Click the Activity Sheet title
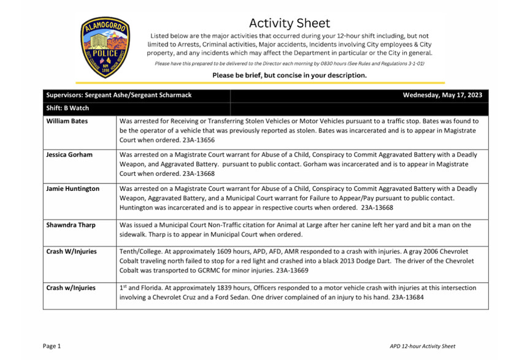pyautogui.click(x=289, y=23)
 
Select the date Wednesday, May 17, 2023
pyautogui.click(x=442, y=95)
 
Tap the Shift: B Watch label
pyautogui.click(x=67, y=108)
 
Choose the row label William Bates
pyautogui.click(x=67, y=121)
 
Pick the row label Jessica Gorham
pyautogui.click(x=69, y=155)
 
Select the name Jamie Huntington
pyautogui.click(x=72, y=188)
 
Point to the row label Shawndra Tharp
pyautogui.click(x=71, y=225)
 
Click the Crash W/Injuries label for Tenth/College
pyautogui.click(x=71, y=251)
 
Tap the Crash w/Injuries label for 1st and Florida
pyautogui.click(x=71, y=288)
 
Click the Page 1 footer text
pyautogui.click(x=52, y=347)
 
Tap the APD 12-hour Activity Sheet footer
pyautogui.click(x=423, y=347)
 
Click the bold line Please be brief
pyautogui.click(x=289, y=75)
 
